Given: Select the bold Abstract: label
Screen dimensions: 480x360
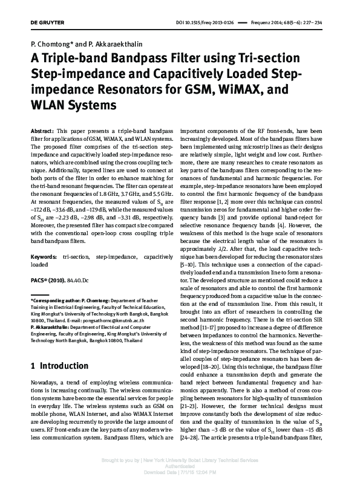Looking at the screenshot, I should pyautogui.click(x=41, y=131).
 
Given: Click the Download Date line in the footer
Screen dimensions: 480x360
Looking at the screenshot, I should pyautogui.click(x=180, y=472).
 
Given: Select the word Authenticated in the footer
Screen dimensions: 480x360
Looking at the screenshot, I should pyautogui.click(x=180, y=466).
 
